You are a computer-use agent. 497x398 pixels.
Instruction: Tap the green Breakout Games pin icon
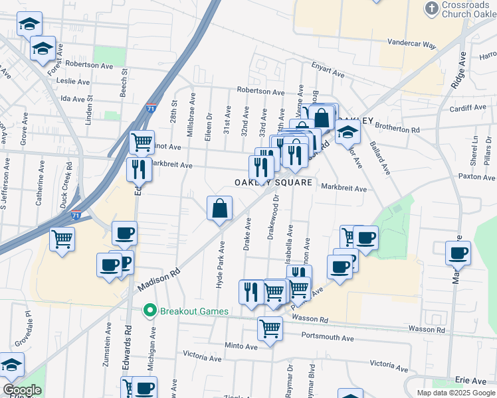(151, 310)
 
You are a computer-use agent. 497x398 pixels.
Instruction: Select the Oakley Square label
(272, 182)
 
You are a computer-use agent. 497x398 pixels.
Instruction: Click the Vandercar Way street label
(412, 45)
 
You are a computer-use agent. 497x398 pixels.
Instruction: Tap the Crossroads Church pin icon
(430, 9)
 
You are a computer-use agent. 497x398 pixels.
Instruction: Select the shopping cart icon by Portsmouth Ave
(270, 327)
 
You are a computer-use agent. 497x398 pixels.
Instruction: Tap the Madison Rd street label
(159, 279)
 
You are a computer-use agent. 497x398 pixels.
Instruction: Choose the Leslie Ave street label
(74, 82)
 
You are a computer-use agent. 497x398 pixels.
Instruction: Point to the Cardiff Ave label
(468, 108)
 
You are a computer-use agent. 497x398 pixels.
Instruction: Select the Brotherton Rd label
(398, 127)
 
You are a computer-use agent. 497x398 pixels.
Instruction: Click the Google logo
(23, 390)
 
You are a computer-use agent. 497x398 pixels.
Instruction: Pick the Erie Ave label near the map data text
(470, 381)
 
